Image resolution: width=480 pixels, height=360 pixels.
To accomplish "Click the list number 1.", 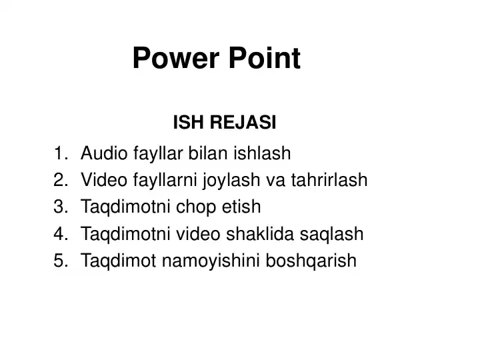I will tap(59, 154).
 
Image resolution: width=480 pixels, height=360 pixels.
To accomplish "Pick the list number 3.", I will tap(59, 207).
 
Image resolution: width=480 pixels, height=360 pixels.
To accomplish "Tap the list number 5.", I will tap(59, 261).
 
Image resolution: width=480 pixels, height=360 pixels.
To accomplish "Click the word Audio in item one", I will tap(100, 154).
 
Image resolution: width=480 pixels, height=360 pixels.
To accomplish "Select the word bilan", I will tap(209, 154).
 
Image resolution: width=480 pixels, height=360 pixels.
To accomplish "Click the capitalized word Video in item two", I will tap(100, 181).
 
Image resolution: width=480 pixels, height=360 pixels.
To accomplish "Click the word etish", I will tap(240, 207).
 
